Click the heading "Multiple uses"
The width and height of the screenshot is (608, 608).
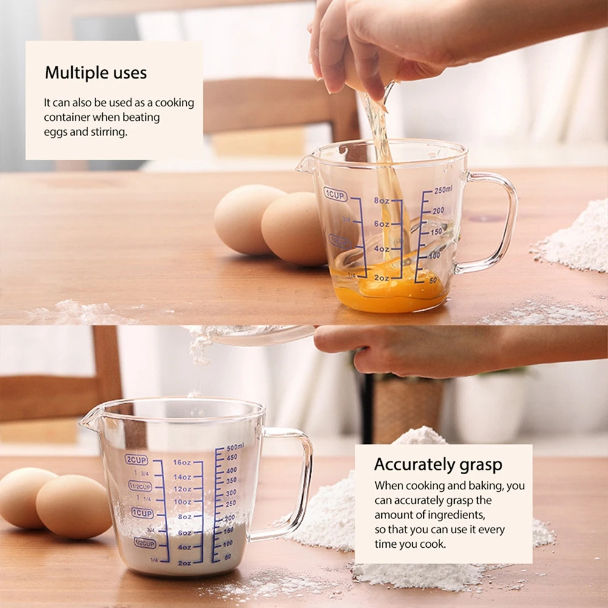(x=95, y=74)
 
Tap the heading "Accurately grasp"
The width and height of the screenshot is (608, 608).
(x=438, y=465)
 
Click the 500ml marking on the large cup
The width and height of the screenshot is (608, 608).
(x=235, y=447)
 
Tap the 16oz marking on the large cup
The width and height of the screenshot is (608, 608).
(x=182, y=463)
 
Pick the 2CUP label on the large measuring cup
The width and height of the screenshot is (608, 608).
(x=136, y=460)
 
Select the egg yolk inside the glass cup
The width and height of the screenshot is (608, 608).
(x=389, y=292)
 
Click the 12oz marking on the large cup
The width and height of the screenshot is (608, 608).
(x=182, y=489)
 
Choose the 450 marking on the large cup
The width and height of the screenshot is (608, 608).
(x=232, y=458)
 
